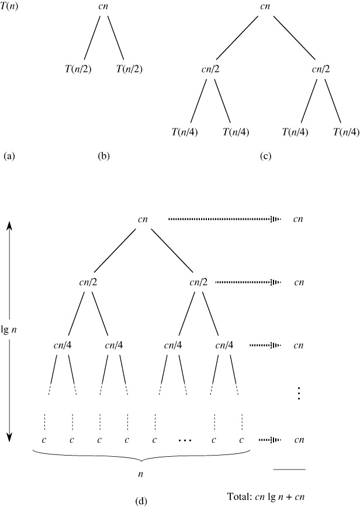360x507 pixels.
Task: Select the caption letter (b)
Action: tap(104, 156)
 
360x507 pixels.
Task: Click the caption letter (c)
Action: tap(266, 156)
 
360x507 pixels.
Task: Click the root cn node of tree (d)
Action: tap(143, 220)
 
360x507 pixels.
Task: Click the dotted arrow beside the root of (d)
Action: tap(224, 220)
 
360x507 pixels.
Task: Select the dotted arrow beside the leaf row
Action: tap(269, 439)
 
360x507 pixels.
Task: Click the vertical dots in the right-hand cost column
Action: tap(299, 394)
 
